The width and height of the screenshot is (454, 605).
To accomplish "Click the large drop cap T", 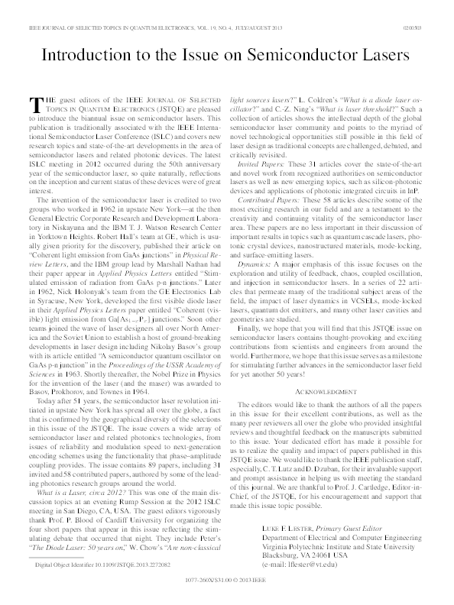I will click(34, 104).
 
